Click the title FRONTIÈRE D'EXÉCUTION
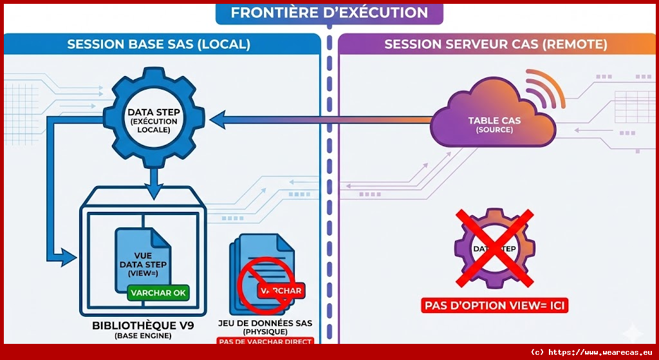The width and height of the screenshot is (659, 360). tap(329, 13)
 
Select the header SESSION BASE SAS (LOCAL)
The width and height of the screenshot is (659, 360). tap(159, 44)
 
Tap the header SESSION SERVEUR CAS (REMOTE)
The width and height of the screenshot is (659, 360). tap(496, 44)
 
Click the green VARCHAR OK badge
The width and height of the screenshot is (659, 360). tap(158, 292)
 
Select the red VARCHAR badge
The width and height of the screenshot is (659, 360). tap(280, 291)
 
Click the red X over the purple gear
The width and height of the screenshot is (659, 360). tap(494, 248)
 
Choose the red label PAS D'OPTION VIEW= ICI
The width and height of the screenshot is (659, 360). tap(494, 305)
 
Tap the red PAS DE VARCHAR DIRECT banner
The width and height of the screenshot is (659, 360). tap(265, 342)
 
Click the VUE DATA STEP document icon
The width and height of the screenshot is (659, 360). tap(142, 258)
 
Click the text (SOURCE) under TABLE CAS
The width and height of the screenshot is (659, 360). tap(494, 130)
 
